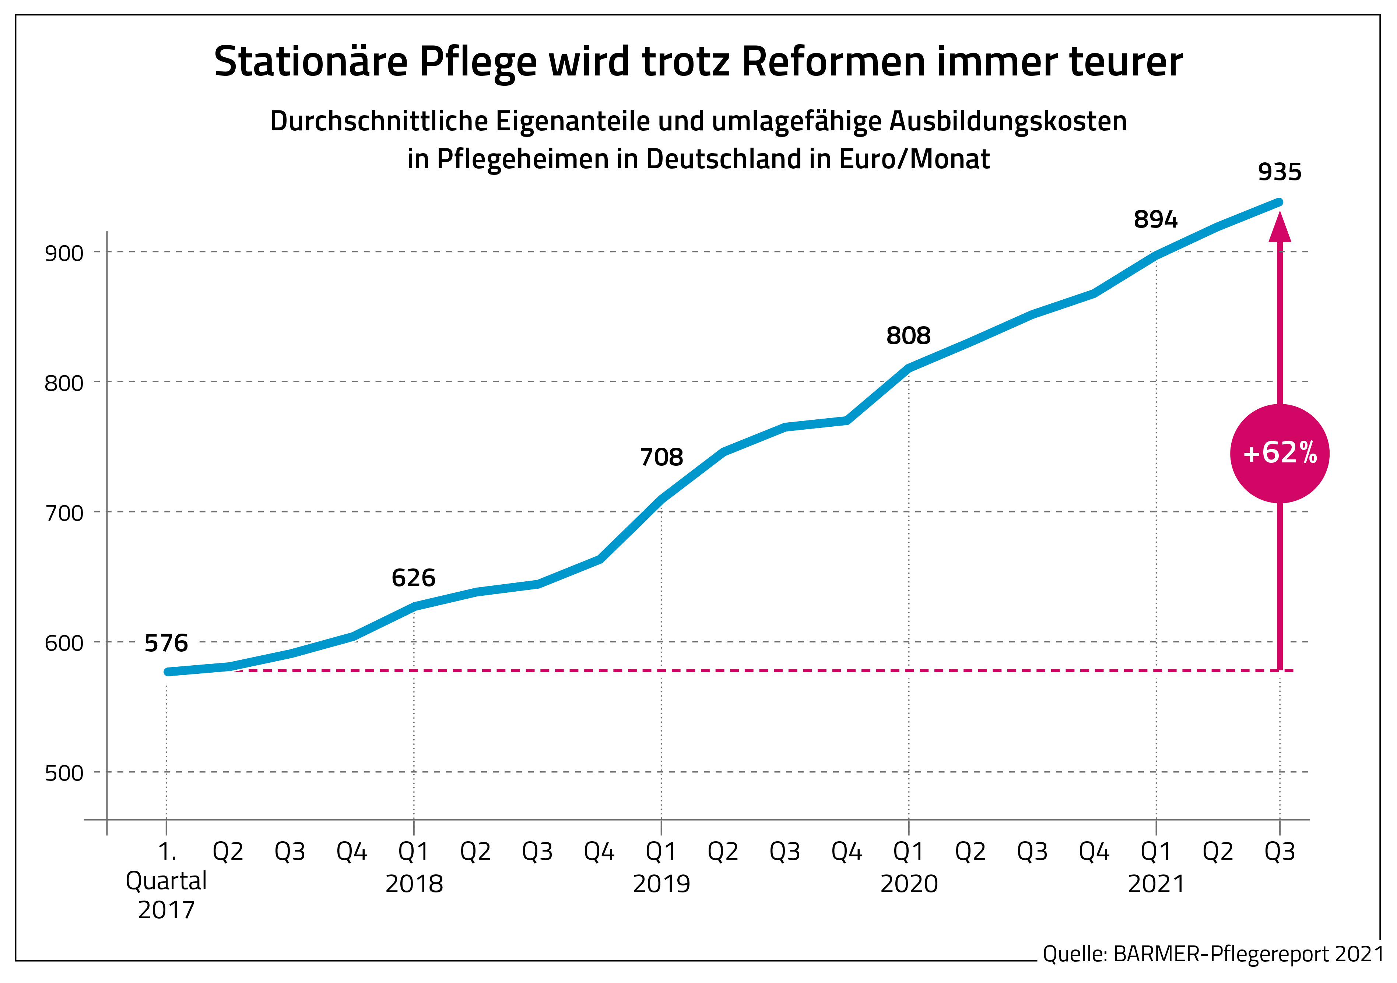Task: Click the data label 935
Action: [x=1280, y=173]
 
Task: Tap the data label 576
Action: [x=166, y=644]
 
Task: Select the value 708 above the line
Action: [x=661, y=457]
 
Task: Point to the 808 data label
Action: [x=908, y=336]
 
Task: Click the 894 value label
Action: [x=1155, y=219]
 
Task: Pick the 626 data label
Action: [x=414, y=578]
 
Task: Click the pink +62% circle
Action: [x=1280, y=454]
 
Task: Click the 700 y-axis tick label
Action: [x=64, y=513]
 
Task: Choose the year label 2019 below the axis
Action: [x=661, y=884]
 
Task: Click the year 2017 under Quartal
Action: [x=166, y=910]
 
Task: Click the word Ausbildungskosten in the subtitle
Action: [x=1008, y=121]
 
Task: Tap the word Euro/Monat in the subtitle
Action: [x=915, y=159]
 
